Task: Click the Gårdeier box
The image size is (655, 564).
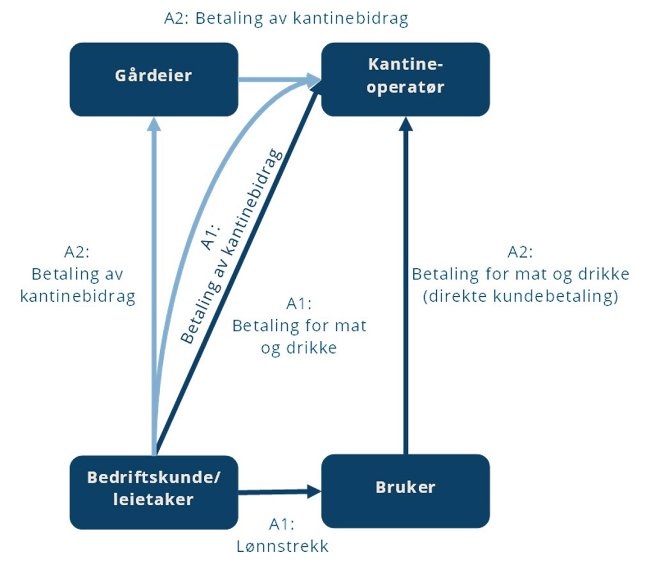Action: click(x=154, y=79)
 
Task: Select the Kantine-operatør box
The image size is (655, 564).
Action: click(x=405, y=79)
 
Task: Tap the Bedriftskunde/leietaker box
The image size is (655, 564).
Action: click(x=154, y=492)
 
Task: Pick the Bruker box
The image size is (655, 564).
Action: click(x=405, y=491)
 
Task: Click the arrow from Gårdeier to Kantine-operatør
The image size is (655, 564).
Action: click(x=273, y=79)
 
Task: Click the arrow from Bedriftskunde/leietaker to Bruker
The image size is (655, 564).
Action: click(x=273, y=492)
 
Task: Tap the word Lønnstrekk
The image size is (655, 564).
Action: click(x=282, y=546)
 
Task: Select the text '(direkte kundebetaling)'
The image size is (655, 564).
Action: click(x=520, y=296)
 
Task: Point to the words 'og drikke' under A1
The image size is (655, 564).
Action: click(x=299, y=348)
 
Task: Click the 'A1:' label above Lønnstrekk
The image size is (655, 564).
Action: click(x=282, y=524)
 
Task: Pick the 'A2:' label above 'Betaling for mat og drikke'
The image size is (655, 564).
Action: click(x=520, y=252)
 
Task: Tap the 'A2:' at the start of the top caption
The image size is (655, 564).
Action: click(x=176, y=18)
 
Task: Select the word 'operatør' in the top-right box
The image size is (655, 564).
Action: click(x=405, y=87)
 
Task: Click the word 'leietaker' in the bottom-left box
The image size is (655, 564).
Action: click(x=154, y=500)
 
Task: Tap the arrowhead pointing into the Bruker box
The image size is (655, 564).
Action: click(x=314, y=491)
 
